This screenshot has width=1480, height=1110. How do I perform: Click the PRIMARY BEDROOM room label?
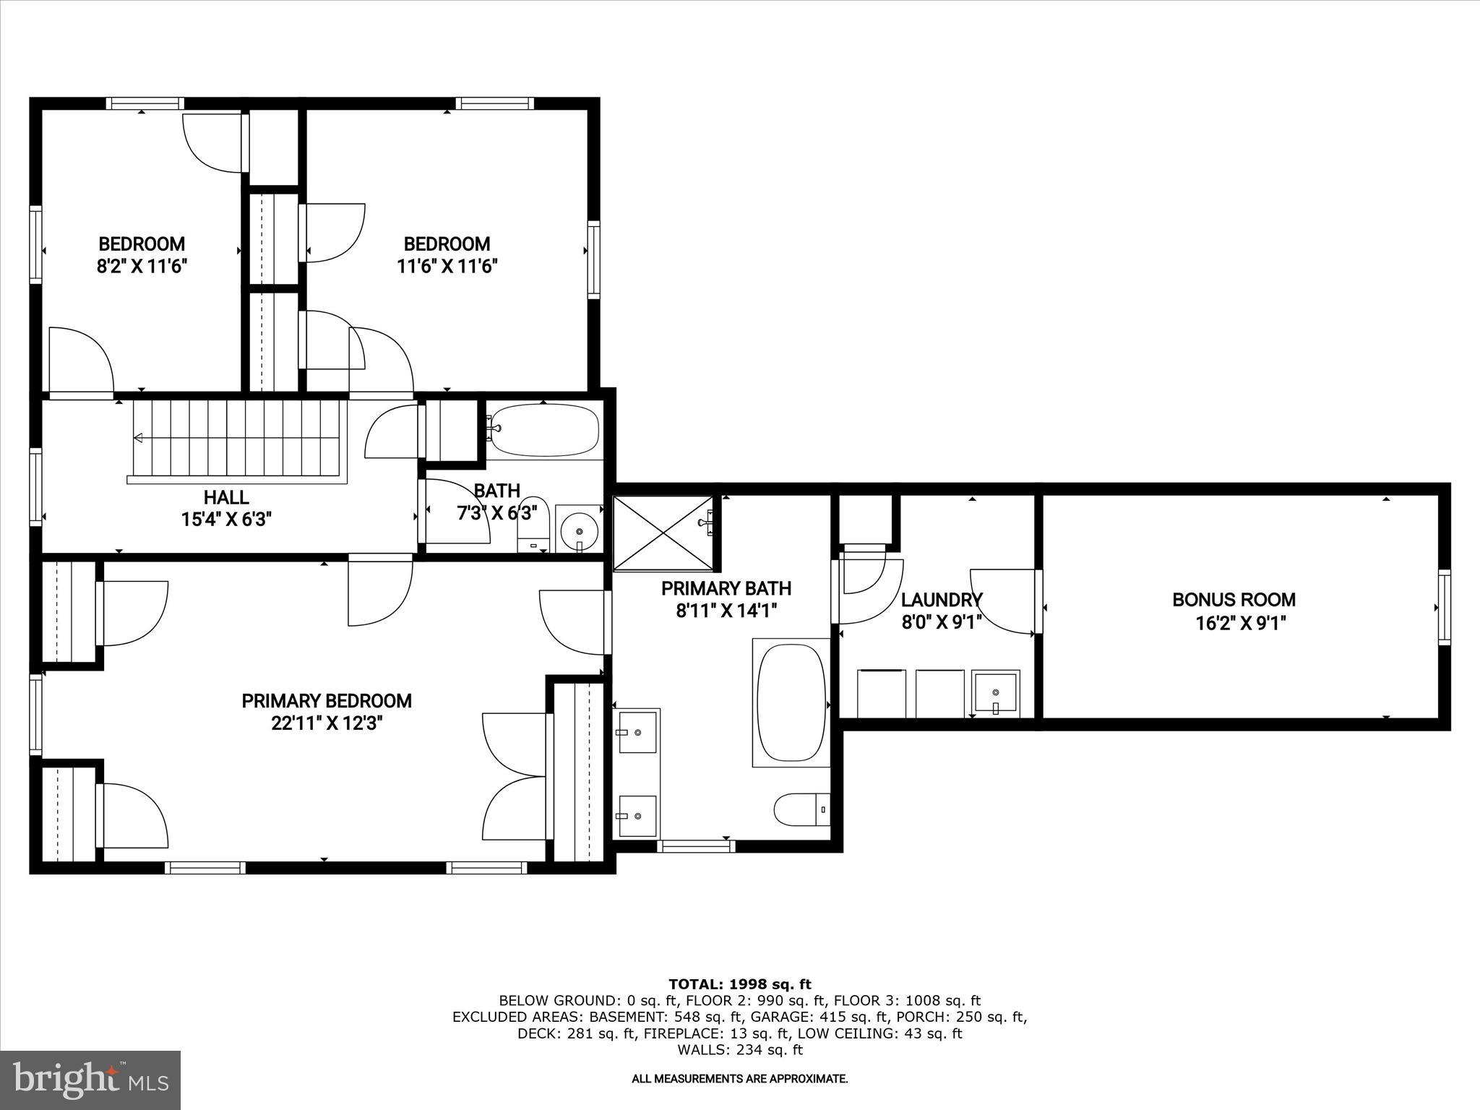click(327, 701)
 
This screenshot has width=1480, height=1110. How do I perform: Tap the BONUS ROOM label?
click(1234, 600)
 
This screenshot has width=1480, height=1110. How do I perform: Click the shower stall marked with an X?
click(663, 533)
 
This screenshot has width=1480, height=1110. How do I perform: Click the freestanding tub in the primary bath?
click(791, 702)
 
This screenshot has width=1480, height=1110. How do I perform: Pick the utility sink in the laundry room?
click(996, 692)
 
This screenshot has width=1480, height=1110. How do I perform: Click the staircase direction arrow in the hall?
click(139, 438)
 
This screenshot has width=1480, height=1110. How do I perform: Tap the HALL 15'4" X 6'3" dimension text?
click(227, 519)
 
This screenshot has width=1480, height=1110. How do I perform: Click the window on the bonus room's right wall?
click(1443, 607)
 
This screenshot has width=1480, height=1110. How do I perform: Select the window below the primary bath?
click(696, 845)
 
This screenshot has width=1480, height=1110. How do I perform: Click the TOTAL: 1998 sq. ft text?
click(739, 984)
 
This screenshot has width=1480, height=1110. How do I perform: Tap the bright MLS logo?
click(90, 1080)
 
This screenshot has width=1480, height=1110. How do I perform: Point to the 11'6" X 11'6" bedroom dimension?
click(447, 267)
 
